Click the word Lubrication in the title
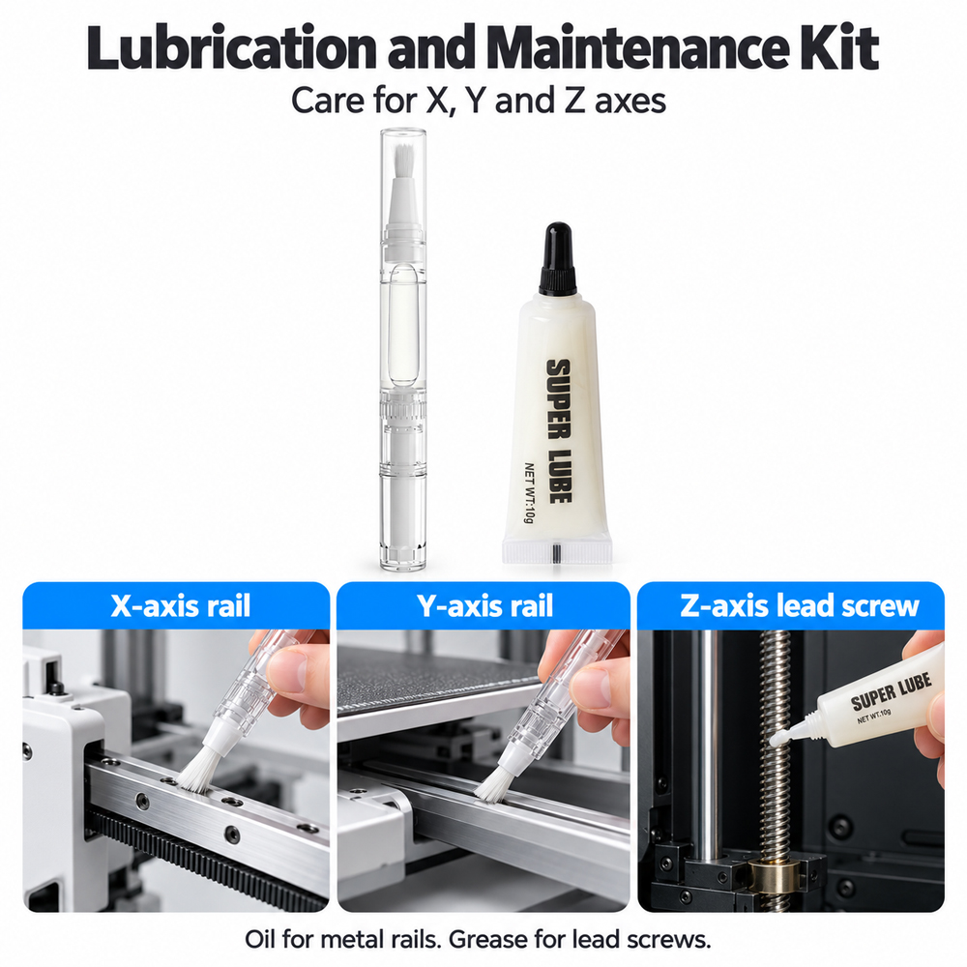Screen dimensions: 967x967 coord(232,48)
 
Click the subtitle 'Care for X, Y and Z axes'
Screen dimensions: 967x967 coord(479,101)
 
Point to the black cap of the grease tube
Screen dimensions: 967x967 coord(558,258)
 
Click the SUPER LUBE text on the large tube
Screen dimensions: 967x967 coord(559,430)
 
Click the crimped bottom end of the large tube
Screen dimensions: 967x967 coord(557,550)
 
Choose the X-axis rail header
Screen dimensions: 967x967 coord(181,605)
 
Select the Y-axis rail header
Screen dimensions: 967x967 coord(484,605)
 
